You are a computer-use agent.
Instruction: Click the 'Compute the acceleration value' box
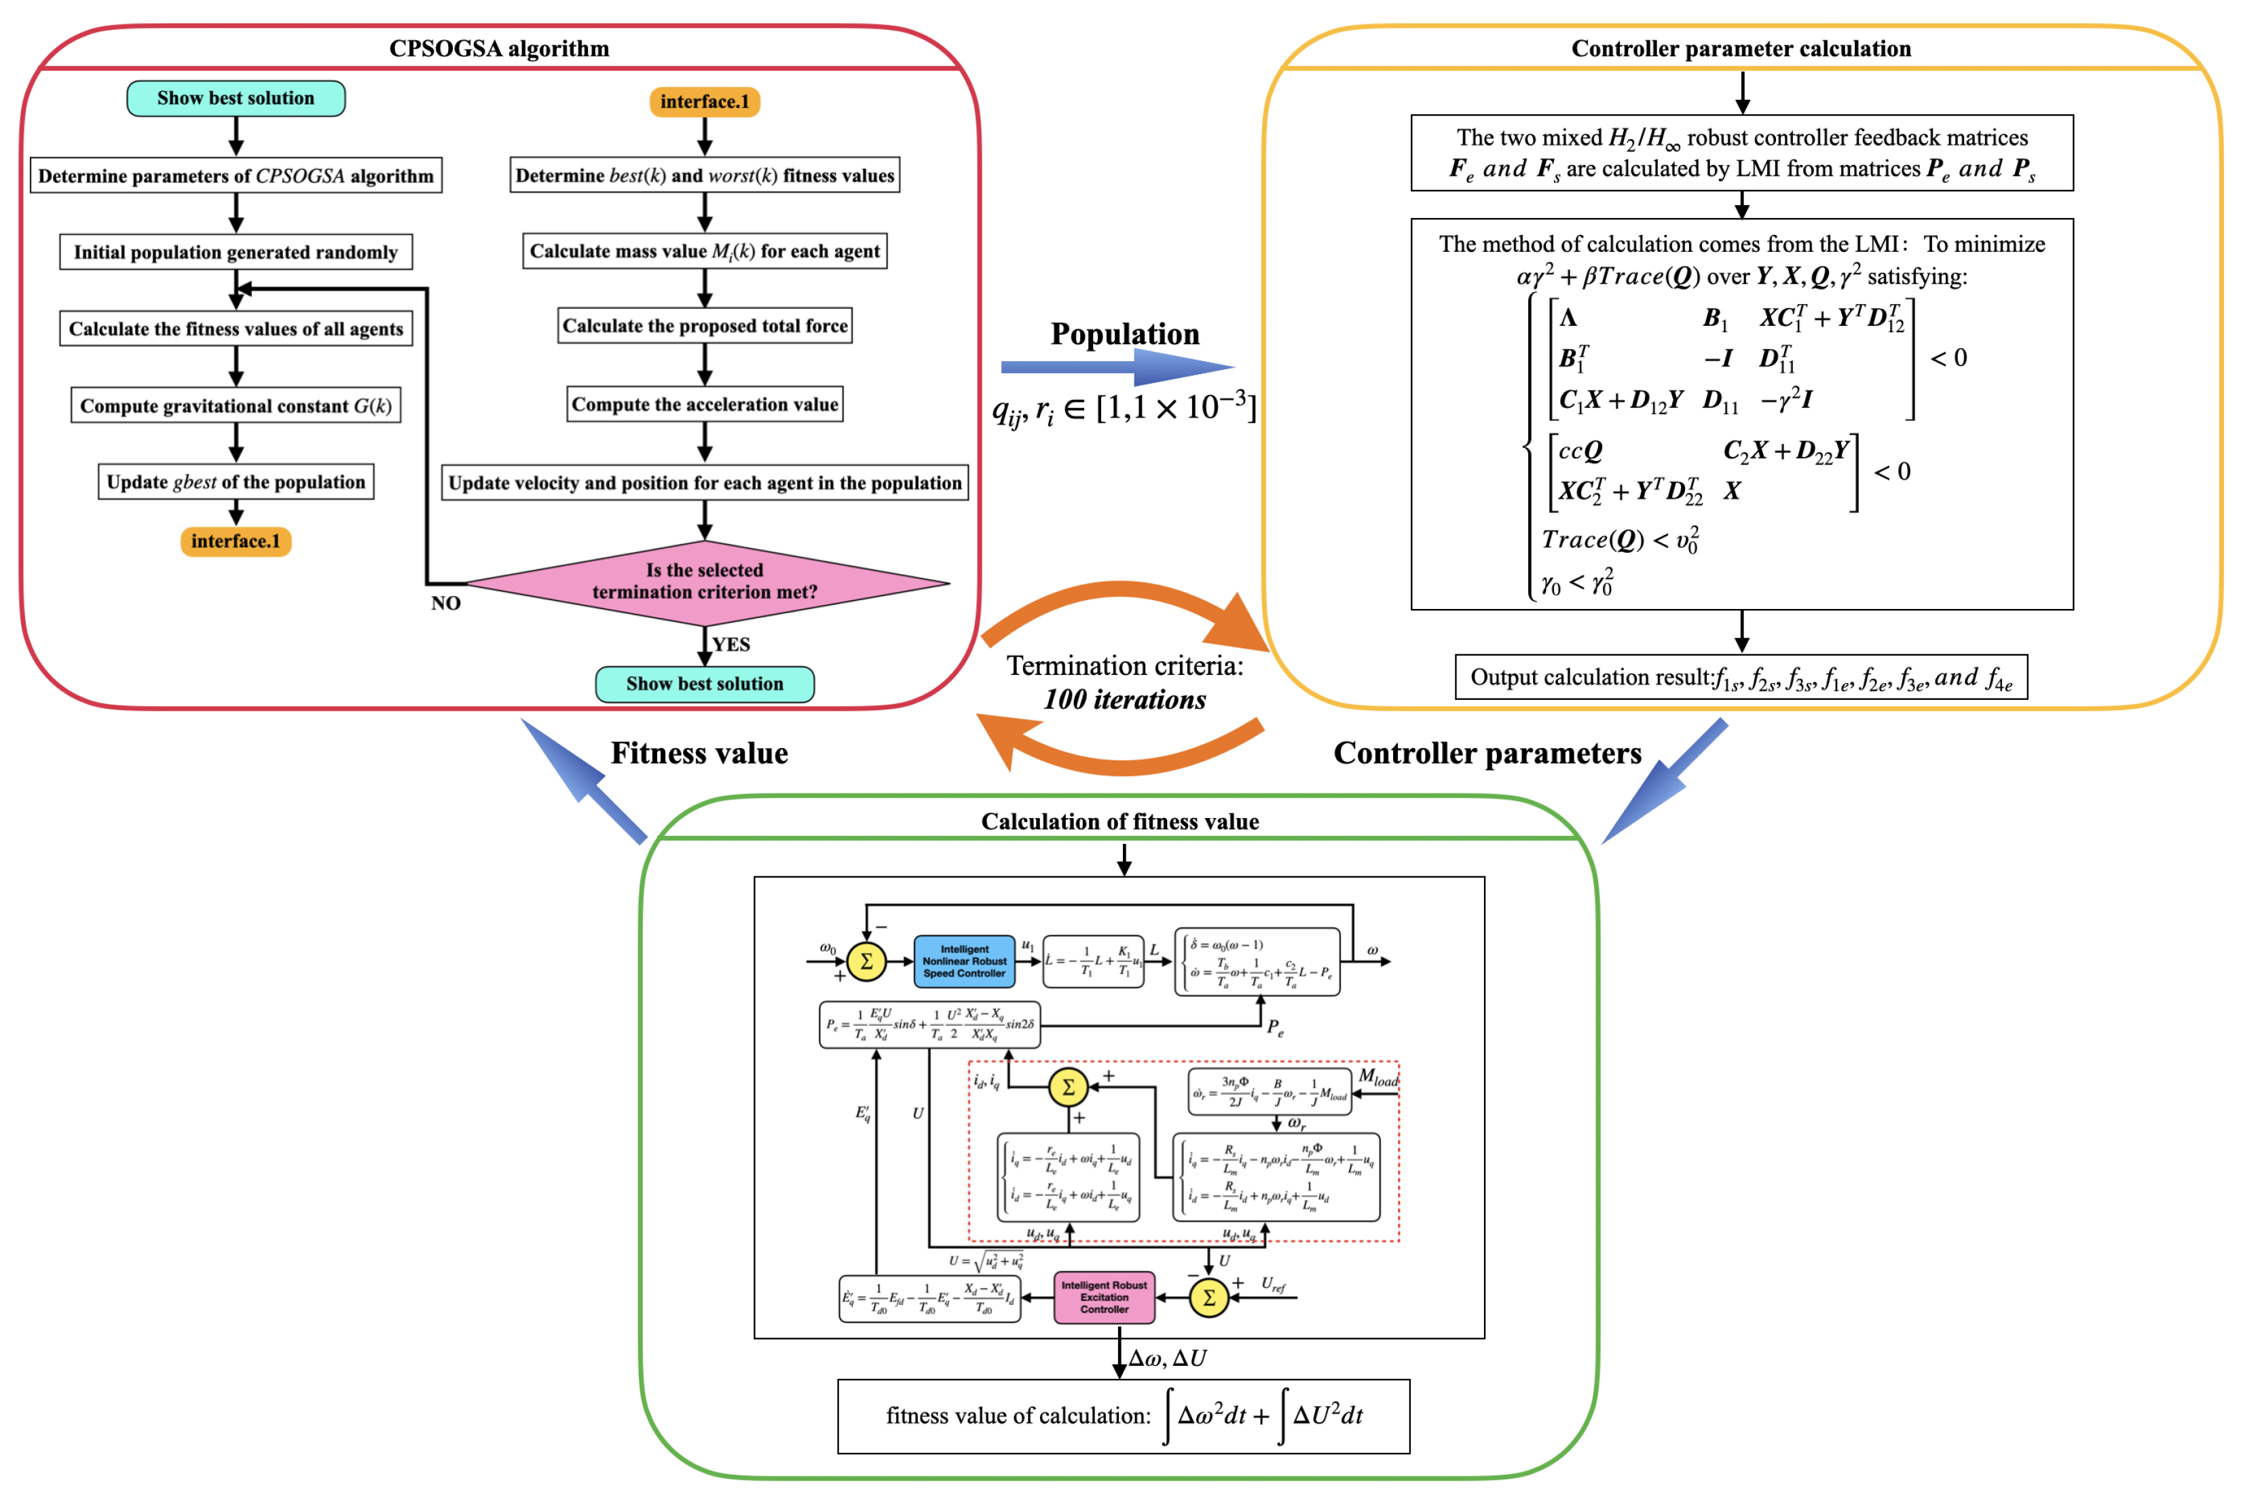(705, 405)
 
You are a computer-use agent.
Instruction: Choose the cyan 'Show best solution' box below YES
(705, 684)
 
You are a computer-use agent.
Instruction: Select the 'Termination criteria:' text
(1124, 665)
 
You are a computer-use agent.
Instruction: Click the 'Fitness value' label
(699, 754)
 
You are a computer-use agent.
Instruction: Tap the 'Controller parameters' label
(1487, 754)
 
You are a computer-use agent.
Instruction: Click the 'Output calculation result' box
(1740, 678)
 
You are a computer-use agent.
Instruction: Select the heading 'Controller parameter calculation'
(1740, 49)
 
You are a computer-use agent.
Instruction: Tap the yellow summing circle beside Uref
(1208, 1297)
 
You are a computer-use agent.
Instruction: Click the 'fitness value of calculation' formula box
(1124, 1415)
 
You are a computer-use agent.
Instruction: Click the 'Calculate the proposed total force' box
(705, 326)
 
